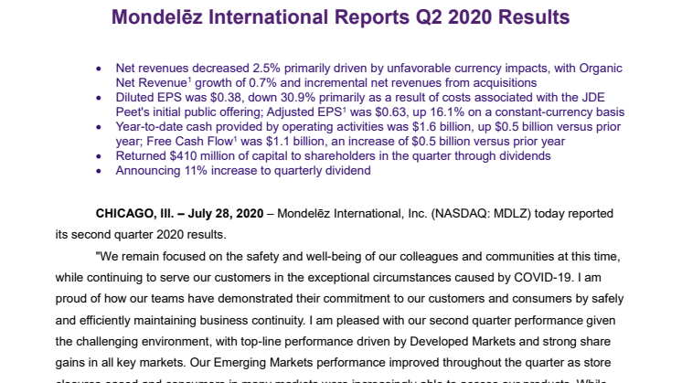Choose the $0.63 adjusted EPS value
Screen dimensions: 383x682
(x=391, y=112)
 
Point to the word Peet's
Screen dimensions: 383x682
(x=134, y=112)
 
